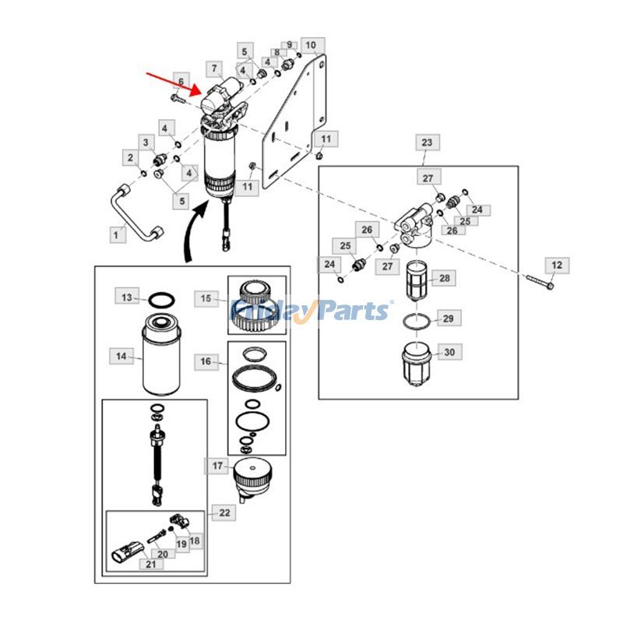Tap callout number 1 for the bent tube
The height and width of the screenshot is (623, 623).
[x=118, y=232]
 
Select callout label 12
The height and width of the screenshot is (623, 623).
[x=556, y=266]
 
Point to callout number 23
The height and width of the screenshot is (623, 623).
[x=427, y=143]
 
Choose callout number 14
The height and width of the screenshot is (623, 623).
[x=121, y=357]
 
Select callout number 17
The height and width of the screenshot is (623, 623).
[x=217, y=466]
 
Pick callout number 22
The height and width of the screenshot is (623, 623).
[x=224, y=512]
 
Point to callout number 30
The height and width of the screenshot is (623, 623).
[x=449, y=352]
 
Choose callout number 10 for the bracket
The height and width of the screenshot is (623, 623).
[x=310, y=45]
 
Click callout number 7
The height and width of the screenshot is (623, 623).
[x=214, y=69]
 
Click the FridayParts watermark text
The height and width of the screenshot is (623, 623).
[x=311, y=311]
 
